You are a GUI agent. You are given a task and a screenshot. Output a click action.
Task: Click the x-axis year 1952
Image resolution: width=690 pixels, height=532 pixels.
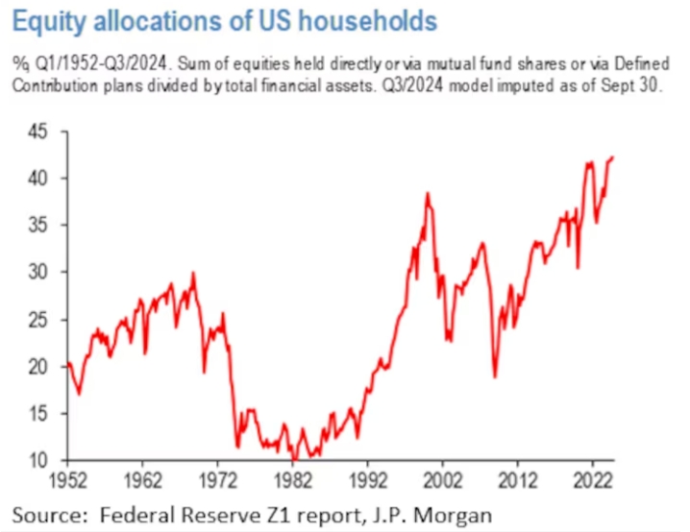tap(67, 477)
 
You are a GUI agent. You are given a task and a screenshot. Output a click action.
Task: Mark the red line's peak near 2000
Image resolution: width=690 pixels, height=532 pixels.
tap(427, 194)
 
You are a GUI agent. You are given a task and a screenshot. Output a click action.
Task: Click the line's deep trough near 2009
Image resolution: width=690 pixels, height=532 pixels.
tap(495, 376)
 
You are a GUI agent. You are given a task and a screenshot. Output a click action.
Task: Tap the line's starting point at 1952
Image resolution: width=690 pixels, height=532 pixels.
tap(67, 363)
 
